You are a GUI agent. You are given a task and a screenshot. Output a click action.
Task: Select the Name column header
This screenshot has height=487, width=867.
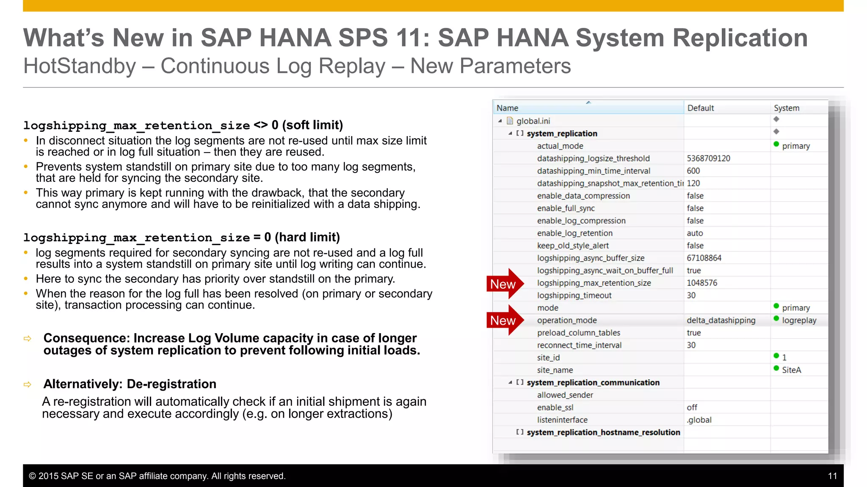(507, 108)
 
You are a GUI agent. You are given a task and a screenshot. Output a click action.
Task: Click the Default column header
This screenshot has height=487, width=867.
(700, 108)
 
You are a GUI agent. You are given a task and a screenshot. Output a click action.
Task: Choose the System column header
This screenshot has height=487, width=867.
(786, 108)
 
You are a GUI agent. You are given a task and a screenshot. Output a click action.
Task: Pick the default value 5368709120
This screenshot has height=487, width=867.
(708, 159)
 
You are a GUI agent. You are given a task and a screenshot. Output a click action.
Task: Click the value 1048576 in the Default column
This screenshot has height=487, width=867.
(701, 283)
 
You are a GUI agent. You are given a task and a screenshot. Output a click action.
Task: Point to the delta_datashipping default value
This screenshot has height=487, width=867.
(721, 320)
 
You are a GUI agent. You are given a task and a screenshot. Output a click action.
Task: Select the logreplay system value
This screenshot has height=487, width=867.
(799, 320)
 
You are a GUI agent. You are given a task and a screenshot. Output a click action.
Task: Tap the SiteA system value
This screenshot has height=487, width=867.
(791, 370)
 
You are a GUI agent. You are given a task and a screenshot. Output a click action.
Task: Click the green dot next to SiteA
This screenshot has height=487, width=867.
(776, 368)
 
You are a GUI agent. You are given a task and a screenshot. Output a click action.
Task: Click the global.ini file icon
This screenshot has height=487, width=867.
(510, 121)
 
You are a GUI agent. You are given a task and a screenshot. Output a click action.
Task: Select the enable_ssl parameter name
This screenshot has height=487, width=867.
(555, 408)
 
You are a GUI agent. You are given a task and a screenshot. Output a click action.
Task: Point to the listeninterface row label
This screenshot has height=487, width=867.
(562, 420)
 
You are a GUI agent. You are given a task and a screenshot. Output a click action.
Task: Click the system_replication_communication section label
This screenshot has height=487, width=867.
(593, 383)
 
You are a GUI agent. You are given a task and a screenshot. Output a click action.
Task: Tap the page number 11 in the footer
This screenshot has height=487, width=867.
(832, 476)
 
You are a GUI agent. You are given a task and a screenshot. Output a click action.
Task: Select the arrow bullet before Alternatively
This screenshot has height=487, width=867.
(28, 384)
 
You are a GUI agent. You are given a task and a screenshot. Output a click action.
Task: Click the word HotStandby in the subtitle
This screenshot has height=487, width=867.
(80, 66)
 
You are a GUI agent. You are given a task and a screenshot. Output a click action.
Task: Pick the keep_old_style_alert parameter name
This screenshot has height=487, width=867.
(572, 246)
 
